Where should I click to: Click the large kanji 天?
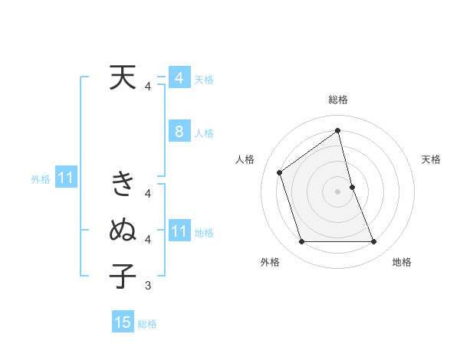(x=123, y=77)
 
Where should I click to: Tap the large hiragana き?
(x=123, y=184)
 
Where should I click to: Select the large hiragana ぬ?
(x=123, y=229)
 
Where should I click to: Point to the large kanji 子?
(x=123, y=275)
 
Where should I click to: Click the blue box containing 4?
(x=179, y=78)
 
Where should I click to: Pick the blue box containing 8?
(x=179, y=132)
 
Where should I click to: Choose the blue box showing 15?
(x=123, y=322)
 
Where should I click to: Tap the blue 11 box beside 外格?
(x=65, y=178)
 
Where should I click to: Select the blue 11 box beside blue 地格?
(x=179, y=231)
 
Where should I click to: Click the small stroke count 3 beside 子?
(x=147, y=286)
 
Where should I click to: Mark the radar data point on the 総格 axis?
(x=337, y=130)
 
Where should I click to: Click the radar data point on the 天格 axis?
(x=352, y=187)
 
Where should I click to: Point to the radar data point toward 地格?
(x=374, y=242)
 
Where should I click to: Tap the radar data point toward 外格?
(x=301, y=242)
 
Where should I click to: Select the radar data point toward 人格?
(x=280, y=172)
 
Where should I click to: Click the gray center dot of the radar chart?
(x=337, y=191)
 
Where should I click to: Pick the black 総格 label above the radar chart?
(x=338, y=100)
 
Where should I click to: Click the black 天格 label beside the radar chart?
(x=432, y=159)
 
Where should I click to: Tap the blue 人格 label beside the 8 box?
(x=204, y=133)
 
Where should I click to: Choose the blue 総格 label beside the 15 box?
(x=147, y=324)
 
